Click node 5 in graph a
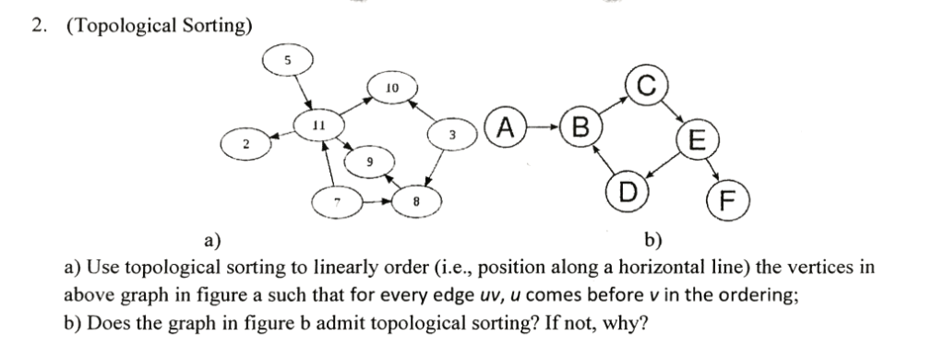288,60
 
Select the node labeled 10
391,89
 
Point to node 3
452,136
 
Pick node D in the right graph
627,192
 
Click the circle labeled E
698,141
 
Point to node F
726,202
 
